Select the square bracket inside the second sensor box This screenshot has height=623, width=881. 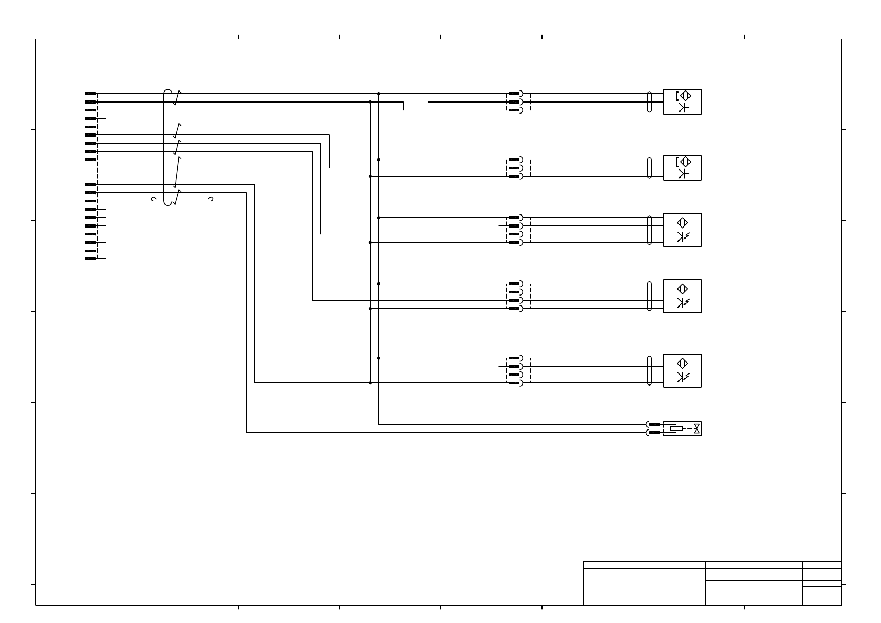[x=677, y=162]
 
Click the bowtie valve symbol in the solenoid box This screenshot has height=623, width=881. [x=697, y=428]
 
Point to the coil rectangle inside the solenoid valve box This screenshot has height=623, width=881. [x=676, y=428]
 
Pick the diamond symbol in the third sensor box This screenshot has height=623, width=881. [x=682, y=222]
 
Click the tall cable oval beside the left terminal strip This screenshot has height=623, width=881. [x=167, y=147]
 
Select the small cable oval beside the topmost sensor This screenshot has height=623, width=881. [x=650, y=102]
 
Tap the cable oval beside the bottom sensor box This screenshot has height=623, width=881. [x=650, y=370]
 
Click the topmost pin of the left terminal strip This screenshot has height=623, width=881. [x=91, y=94]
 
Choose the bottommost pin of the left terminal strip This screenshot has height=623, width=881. [x=91, y=259]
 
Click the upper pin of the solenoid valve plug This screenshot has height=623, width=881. [x=654, y=424]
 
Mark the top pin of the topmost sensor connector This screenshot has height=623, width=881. [x=514, y=94]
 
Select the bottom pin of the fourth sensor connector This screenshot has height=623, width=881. [x=514, y=309]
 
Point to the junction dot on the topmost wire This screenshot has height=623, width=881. [x=379, y=94]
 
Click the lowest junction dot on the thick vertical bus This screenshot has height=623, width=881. [x=370, y=383]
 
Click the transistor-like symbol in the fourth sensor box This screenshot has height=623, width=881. [x=681, y=303]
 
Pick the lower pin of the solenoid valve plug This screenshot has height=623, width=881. [x=654, y=433]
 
